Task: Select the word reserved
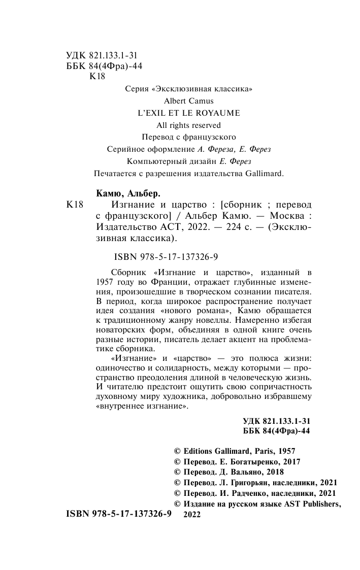click(x=206, y=125)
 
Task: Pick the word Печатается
click(x=116, y=174)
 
